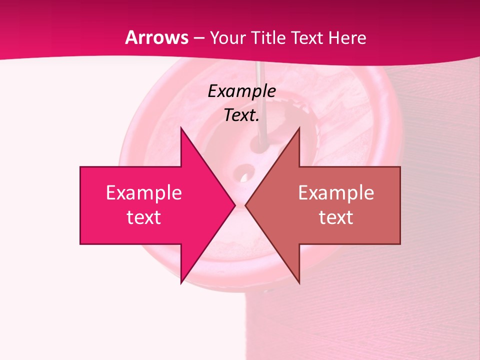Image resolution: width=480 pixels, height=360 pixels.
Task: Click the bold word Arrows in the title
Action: [x=157, y=38]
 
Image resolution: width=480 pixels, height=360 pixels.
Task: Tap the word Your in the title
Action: [x=227, y=38]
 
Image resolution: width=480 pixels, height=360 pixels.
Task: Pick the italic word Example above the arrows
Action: [x=241, y=91]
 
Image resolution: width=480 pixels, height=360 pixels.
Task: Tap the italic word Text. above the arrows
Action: [x=241, y=115]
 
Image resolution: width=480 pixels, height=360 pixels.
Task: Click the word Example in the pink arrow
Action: [x=144, y=193]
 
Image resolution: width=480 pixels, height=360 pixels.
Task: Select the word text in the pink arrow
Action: [x=144, y=217]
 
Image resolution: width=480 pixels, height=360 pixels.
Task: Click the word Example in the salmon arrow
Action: [x=336, y=193]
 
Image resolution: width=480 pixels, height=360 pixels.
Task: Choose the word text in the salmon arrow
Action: [x=336, y=217]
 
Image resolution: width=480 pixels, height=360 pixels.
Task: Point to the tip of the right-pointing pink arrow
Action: [x=234, y=205]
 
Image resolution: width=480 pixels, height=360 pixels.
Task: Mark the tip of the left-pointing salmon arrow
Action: [x=246, y=205]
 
